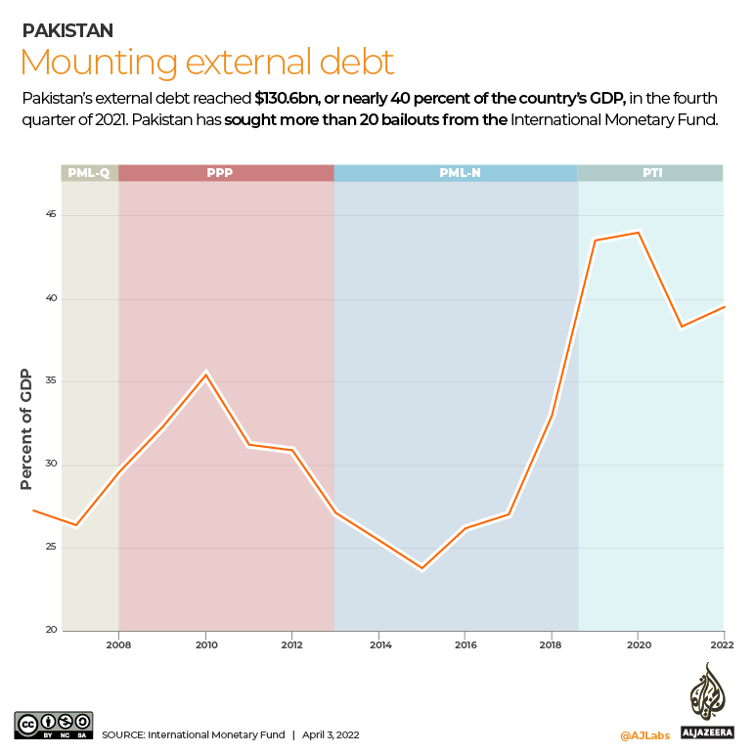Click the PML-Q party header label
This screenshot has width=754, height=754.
[89, 173]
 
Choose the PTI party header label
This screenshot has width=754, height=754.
[650, 173]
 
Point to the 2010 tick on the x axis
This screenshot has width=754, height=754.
[205, 645]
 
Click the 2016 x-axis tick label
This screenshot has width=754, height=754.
[466, 645]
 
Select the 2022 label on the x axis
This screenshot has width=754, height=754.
[723, 645]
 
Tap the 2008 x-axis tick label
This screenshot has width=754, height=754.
[118, 645]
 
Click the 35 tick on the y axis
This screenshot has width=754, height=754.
[50, 381]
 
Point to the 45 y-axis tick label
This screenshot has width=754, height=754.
[50, 215]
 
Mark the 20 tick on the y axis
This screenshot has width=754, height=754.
[50, 630]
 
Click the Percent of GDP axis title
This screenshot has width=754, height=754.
[26, 428]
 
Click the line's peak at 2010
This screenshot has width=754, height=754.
[205, 374]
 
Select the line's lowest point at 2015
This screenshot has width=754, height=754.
[422, 567]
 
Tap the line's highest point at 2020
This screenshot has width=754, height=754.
[638, 233]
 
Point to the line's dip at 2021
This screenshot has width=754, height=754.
[681, 327]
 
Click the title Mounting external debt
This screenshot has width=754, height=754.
[207, 62]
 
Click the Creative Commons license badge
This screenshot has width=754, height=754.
[54, 725]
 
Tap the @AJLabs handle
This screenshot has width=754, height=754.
[644, 733]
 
